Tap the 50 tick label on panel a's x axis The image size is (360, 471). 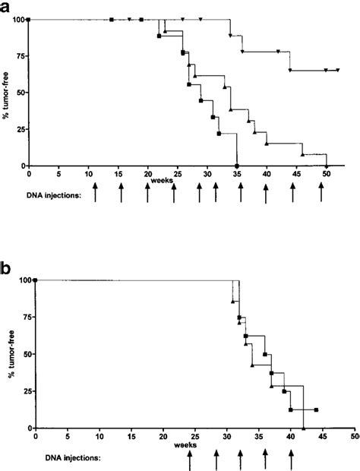coord(327,174)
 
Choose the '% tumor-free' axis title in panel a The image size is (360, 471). coord(10,93)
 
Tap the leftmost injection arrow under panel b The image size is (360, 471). coord(190,460)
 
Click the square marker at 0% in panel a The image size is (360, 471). coord(238,166)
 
